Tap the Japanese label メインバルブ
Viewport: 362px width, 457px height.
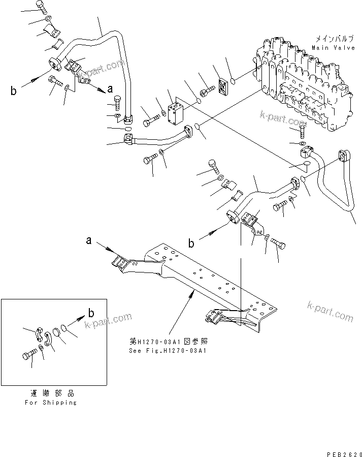[x=331, y=38]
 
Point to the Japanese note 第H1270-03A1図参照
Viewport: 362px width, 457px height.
[x=170, y=342]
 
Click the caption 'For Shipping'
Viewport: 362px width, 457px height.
[x=51, y=402]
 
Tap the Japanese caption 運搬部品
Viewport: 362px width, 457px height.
[x=50, y=393]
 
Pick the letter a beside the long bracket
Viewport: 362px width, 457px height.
[x=89, y=241]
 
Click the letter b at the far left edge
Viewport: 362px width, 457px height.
[x=14, y=91]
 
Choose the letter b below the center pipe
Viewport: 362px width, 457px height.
[x=191, y=243]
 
